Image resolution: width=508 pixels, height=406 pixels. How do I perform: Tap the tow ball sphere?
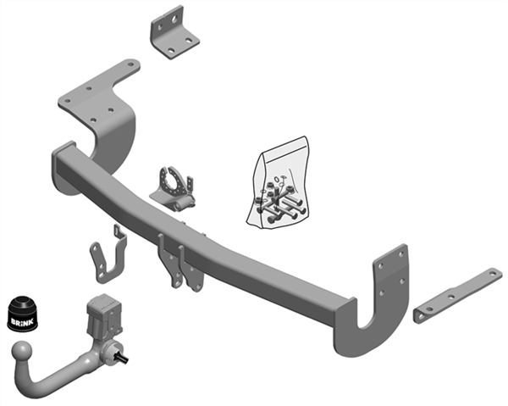(23, 352)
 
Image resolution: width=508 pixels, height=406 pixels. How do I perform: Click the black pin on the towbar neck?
(123, 358)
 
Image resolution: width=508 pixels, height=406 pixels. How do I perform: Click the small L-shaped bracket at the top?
(174, 32)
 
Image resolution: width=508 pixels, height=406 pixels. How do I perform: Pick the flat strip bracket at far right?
(458, 296)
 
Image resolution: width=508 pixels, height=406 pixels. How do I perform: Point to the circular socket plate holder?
(173, 190)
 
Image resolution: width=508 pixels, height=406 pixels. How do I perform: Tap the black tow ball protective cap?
(22, 314)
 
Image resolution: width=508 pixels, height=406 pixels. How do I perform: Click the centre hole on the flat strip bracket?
(451, 297)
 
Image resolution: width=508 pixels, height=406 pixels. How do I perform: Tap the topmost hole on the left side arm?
(130, 64)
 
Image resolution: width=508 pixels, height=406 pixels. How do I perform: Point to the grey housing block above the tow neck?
(104, 314)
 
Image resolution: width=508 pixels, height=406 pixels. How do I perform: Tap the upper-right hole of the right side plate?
(402, 255)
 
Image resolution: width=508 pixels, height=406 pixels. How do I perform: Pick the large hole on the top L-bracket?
(174, 20)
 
